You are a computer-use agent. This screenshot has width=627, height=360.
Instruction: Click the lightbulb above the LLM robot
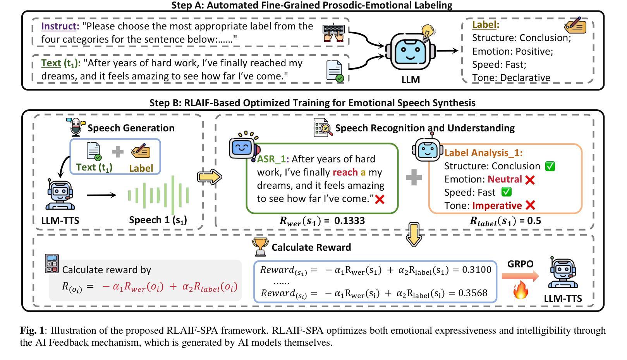pyautogui.click(x=428, y=32)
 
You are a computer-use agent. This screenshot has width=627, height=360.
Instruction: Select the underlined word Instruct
pyautogui.click(x=59, y=26)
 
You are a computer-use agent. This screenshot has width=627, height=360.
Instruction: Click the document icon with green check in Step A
pyautogui.click(x=335, y=71)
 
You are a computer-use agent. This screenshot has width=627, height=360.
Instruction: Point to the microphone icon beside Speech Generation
pyautogui.click(x=76, y=127)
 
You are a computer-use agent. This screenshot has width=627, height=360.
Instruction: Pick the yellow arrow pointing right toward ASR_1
pyautogui.click(x=210, y=177)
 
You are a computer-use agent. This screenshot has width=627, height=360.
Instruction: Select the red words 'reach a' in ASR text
pyautogui.click(x=349, y=172)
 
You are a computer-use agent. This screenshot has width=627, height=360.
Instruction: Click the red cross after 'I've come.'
pyautogui.click(x=380, y=200)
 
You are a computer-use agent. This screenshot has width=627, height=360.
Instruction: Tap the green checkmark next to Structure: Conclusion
pyautogui.click(x=550, y=166)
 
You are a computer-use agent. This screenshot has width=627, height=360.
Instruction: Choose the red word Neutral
pyautogui.click(x=505, y=179)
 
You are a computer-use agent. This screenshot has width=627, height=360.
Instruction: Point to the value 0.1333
pyautogui.click(x=349, y=221)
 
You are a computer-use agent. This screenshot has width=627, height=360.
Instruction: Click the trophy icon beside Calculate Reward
pyautogui.click(x=260, y=247)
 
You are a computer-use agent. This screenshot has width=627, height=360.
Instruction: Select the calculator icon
pyautogui.click(x=52, y=264)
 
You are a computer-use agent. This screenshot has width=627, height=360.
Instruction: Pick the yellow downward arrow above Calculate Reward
pyautogui.click(x=414, y=234)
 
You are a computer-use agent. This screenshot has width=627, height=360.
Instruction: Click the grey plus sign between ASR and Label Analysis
pyautogui.click(x=414, y=177)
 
